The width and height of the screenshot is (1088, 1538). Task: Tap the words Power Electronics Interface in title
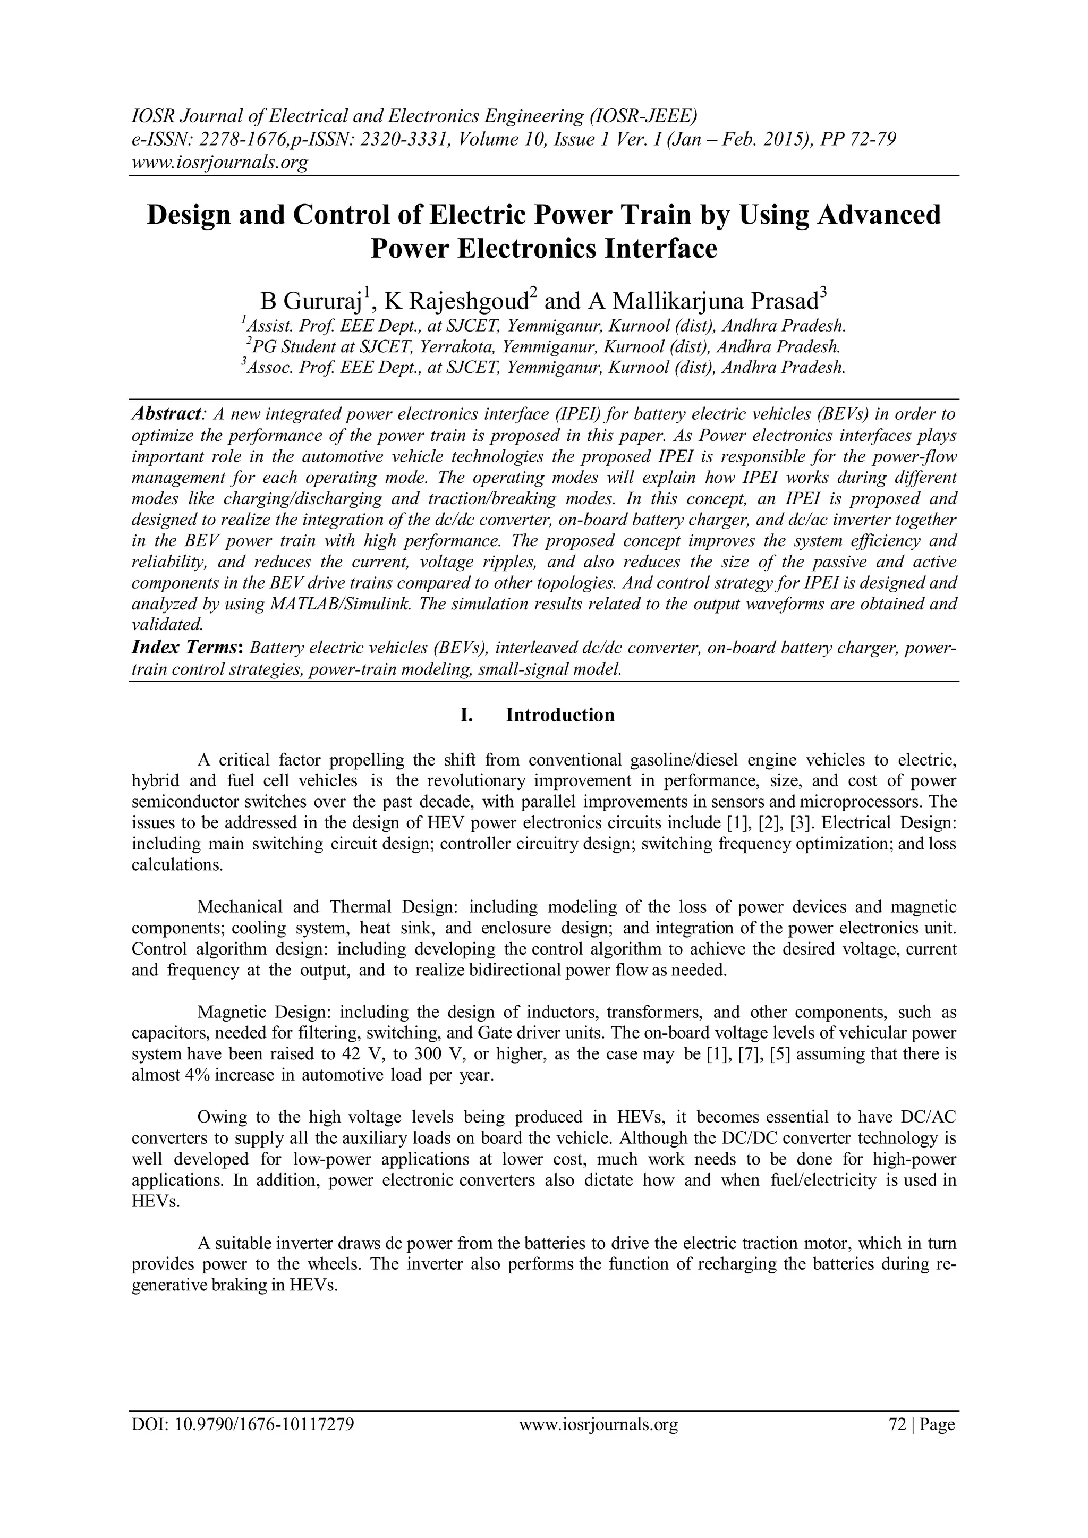click(x=543, y=249)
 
